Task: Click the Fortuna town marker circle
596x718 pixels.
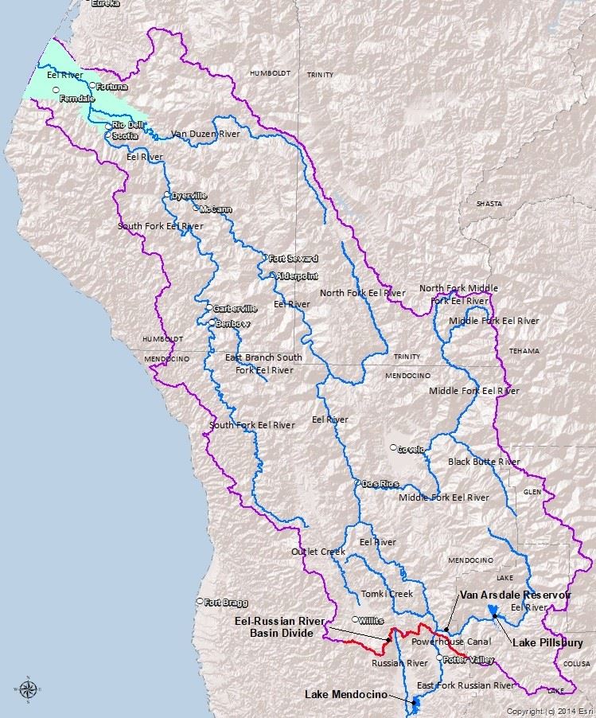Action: click(92, 86)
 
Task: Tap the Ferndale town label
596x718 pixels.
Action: click(76, 98)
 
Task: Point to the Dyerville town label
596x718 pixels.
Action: click(189, 196)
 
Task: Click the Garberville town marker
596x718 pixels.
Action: click(208, 308)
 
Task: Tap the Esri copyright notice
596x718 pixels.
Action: click(550, 710)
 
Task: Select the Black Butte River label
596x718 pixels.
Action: click(483, 462)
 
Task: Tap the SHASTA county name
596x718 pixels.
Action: click(489, 204)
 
